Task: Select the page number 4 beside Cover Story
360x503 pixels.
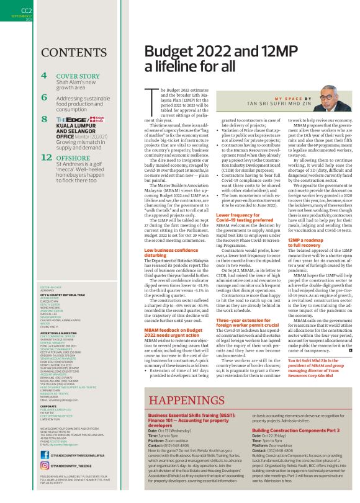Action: pyautogui.click(x=43, y=76)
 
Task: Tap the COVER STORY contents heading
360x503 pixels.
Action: pyautogui.click(x=78, y=76)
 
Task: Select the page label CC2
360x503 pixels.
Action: pyautogui.click(x=27, y=11)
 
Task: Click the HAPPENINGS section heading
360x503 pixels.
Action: pyautogui.click(x=197, y=399)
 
